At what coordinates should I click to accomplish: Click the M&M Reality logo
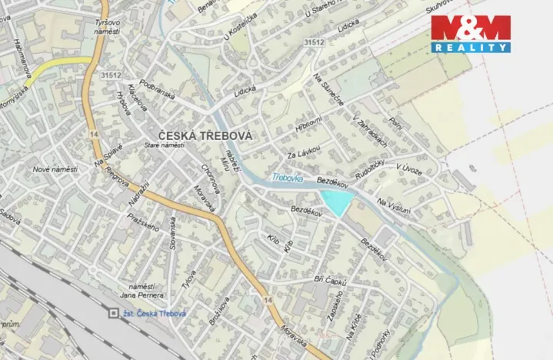click(470, 33)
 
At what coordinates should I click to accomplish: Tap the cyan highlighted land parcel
click(336, 202)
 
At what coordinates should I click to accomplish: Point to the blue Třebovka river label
click(285, 178)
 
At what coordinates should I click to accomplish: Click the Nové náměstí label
click(56, 168)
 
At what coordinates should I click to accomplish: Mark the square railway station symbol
click(114, 313)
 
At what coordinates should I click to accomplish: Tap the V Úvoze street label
click(408, 170)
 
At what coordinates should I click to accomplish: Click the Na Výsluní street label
click(394, 206)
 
